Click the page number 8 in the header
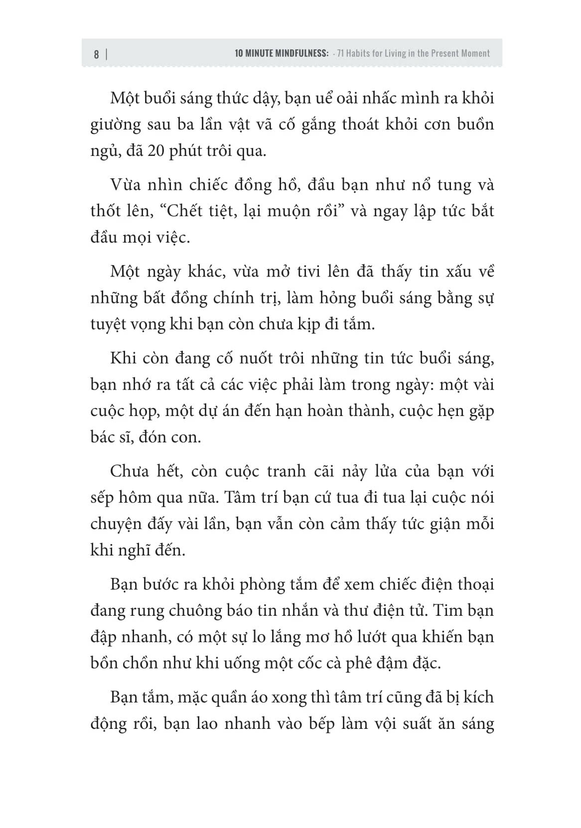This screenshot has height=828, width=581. (96, 54)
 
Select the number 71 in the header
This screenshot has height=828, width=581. (341, 53)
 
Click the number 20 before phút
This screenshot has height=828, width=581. (155, 150)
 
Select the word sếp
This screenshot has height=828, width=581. (103, 498)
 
